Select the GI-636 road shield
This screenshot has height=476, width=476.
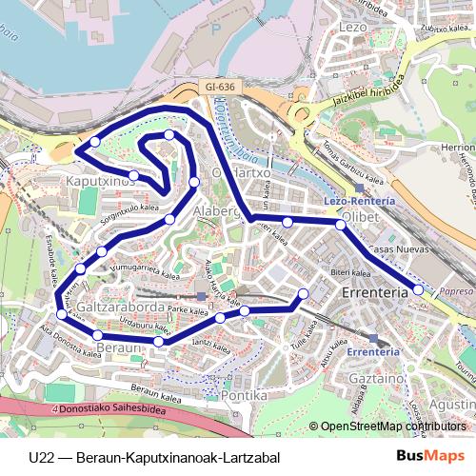(218, 87)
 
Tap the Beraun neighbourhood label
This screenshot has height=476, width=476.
(119, 349)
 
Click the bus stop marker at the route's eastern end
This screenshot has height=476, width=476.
(418, 289)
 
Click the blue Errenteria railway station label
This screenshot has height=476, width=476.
(372, 351)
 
